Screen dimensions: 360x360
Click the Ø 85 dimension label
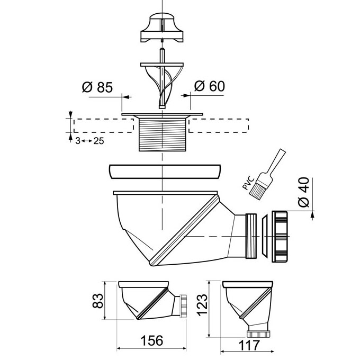point(97,87)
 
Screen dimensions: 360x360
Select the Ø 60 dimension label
point(210,86)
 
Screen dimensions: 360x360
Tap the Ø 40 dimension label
point(303,192)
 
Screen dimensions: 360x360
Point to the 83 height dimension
point(98,301)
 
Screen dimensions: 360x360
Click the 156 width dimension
point(152,340)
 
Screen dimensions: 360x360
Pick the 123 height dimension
point(202,304)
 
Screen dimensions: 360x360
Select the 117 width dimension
point(249,345)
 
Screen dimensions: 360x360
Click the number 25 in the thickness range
point(98,141)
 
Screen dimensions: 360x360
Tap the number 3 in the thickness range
point(78,141)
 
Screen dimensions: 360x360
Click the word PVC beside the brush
point(248,183)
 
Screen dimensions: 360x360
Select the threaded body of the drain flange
point(163,134)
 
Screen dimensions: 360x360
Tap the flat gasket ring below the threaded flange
point(165,172)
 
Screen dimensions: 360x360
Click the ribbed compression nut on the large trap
point(280,237)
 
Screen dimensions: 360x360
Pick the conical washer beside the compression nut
point(265,236)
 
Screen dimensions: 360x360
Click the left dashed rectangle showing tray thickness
point(104,125)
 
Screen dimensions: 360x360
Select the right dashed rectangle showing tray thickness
point(219,125)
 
